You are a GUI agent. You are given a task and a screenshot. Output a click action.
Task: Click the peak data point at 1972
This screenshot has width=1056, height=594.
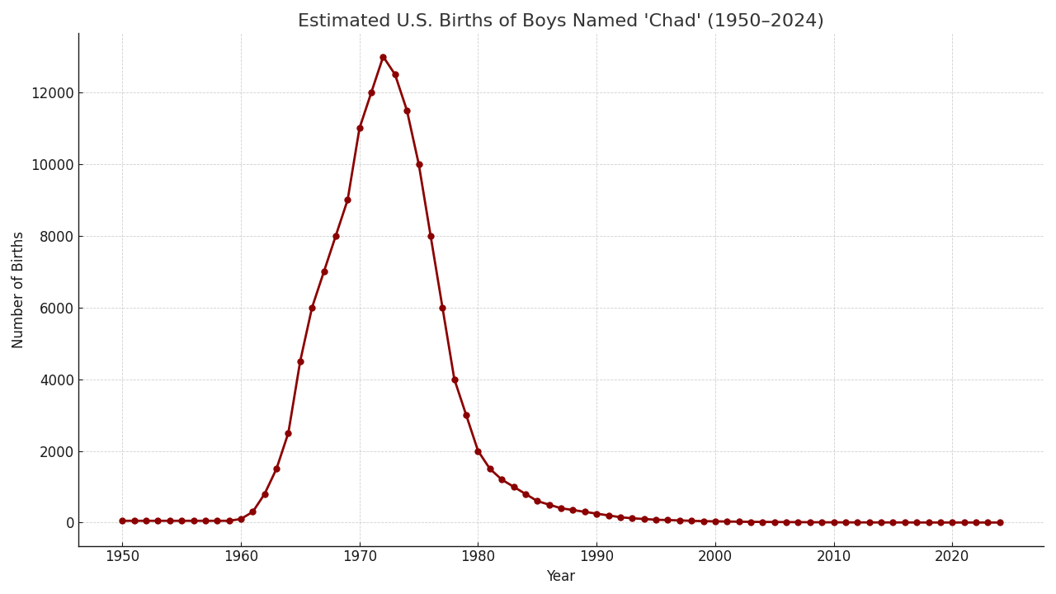(383, 57)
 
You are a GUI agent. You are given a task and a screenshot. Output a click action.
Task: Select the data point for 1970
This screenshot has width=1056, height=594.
(360, 128)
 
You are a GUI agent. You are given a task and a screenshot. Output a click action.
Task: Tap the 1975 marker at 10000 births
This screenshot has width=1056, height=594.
(419, 164)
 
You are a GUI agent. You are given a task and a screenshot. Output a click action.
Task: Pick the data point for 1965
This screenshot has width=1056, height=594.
(300, 361)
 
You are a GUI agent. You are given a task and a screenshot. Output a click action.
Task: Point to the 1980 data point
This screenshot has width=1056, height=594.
(478, 451)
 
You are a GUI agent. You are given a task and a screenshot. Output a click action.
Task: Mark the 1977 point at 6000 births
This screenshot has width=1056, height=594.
(442, 308)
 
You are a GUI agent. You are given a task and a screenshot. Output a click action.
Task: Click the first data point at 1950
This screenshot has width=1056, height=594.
(122, 521)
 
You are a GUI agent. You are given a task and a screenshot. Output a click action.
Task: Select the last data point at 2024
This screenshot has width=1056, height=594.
(1000, 522)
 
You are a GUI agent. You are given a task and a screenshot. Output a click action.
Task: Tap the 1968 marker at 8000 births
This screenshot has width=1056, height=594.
(336, 236)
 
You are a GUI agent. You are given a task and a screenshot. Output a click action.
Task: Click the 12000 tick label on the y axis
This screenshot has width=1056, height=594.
(53, 93)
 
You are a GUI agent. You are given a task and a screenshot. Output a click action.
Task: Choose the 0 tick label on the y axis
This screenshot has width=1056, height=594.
(69, 523)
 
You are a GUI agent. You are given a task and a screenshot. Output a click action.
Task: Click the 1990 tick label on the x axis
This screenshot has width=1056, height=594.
(596, 556)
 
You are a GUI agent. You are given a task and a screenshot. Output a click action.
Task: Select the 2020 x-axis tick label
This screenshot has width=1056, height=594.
(952, 556)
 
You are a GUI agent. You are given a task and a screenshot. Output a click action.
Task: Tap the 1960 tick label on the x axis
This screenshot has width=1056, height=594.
(241, 556)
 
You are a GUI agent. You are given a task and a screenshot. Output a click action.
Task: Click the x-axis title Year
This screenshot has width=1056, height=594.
(560, 577)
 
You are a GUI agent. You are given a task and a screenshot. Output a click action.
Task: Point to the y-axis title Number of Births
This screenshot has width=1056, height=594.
(18, 290)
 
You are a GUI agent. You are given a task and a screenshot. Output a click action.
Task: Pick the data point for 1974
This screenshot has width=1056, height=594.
(407, 111)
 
